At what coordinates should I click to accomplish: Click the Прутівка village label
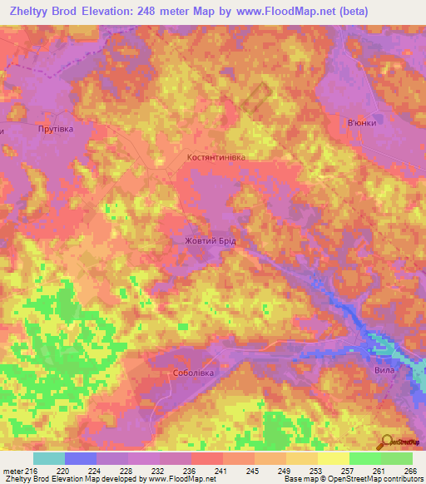click(56, 129)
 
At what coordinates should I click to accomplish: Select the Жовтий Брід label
click(210, 240)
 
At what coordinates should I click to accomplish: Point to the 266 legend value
click(409, 471)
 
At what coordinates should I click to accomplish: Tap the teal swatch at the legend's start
click(49, 458)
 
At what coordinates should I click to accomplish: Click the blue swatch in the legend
click(81, 458)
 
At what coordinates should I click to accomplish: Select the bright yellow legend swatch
click(334, 458)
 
